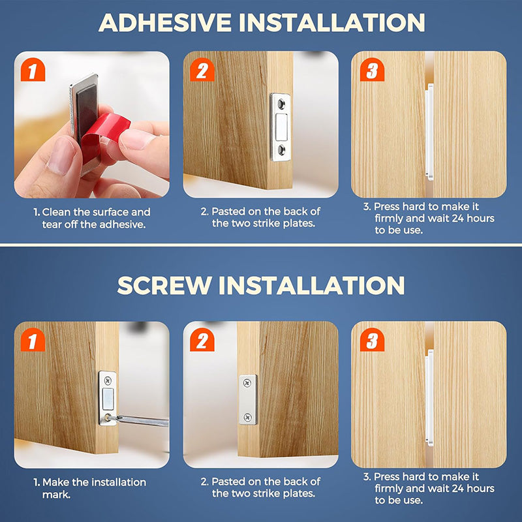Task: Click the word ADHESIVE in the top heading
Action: tap(165, 23)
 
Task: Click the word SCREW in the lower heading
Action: tap(164, 285)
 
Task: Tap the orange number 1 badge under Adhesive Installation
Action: tap(33, 70)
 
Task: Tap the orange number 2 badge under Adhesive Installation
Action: tap(202, 70)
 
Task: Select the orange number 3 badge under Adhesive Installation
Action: tap(372, 70)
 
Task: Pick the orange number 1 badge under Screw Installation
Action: tap(33, 339)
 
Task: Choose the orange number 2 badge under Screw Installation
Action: tap(202, 339)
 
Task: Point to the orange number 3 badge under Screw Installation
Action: tap(372, 339)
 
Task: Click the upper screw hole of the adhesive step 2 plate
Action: tap(281, 104)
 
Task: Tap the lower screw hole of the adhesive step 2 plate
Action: tap(281, 150)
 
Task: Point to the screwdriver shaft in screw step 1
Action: tap(142, 420)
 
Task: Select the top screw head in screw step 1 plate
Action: tap(108, 380)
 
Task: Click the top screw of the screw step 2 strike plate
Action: tap(247, 382)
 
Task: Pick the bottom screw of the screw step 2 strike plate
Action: tap(247, 417)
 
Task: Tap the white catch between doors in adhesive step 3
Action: tap(429, 132)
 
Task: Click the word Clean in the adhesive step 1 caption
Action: tap(56, 212)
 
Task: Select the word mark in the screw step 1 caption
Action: tap(56, 495)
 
